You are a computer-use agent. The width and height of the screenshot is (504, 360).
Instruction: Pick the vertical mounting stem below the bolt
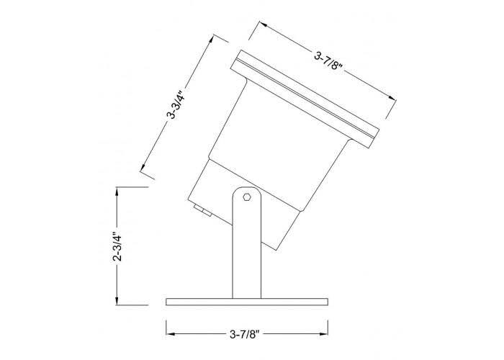(246, 252)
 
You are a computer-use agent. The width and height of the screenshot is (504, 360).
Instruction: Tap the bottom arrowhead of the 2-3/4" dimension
(116, 302)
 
